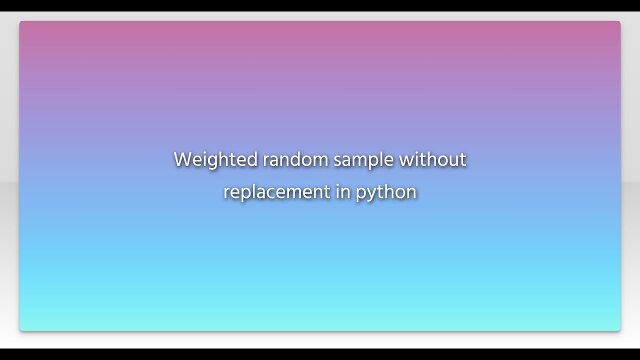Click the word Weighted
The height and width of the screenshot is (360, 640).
tap(215, 160)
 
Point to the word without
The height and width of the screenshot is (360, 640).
tap(432, 160)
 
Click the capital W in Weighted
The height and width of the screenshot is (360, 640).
tap(183, 160)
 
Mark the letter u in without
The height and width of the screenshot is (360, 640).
tap(452, 160)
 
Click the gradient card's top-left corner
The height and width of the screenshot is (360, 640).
tap(20, 22)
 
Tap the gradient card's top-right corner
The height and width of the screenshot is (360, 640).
tap(619, 22)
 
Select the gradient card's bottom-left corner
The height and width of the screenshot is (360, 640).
tap(20, 329)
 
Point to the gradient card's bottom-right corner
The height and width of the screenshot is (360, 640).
tap(619, 329)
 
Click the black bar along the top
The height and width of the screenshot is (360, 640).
tap(320, 5)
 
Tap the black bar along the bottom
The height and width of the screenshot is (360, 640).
tap(320, 354)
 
